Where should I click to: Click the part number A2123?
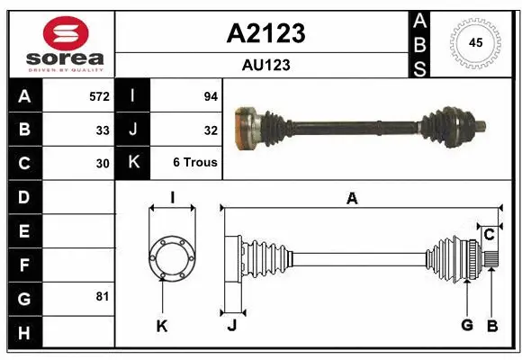[265, 33]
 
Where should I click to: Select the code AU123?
[265, 65]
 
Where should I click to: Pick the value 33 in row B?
[103, 130]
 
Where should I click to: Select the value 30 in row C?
[103, 164]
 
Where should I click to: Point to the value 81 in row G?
[103, 296]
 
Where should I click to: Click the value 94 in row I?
[211, 95]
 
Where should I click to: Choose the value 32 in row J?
[211, 130]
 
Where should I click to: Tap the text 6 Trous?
[195, 164]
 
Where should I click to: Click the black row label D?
[23, 196]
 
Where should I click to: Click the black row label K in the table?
[133, 164]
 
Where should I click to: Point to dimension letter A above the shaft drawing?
[352, 198]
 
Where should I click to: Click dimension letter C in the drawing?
[489, 235]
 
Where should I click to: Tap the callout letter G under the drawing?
[466, 325]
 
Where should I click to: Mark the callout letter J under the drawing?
[231, 326]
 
